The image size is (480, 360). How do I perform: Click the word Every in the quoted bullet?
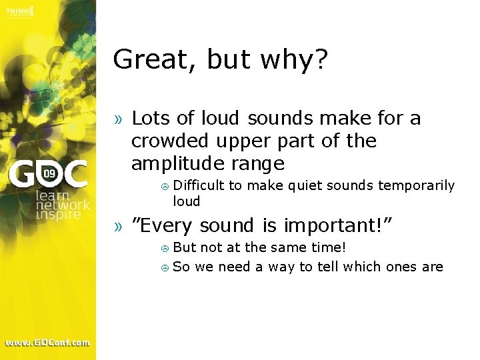point(167,227)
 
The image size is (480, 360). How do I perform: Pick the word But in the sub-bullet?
point(185,247)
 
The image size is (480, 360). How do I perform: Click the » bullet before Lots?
point(118,119)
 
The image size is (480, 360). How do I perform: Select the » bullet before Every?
point(118,227)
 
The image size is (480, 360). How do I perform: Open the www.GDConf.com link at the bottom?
point(47,343)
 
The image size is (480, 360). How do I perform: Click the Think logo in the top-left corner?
point(18,12)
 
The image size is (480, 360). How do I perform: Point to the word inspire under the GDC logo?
point(58,215)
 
